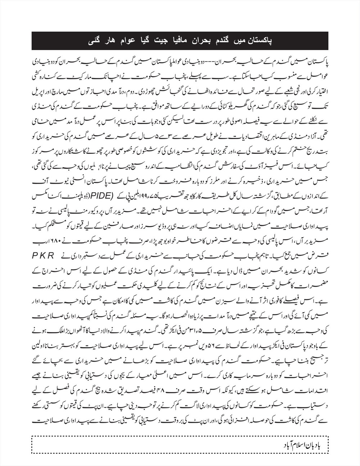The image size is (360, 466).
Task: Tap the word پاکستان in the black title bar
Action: pos(258,41)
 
